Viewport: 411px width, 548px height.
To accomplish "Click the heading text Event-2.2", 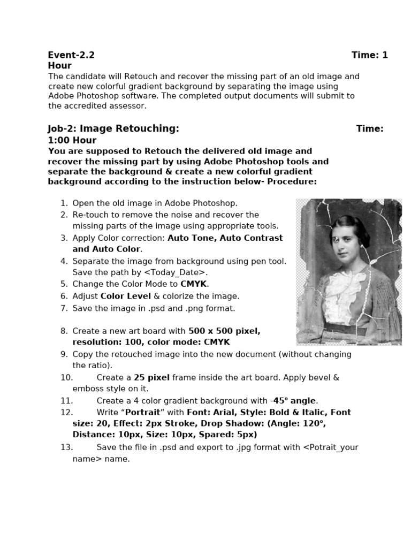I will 71,55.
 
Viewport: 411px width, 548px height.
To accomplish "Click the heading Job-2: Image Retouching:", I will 113,128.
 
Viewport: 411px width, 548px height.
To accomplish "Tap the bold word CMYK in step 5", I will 194,284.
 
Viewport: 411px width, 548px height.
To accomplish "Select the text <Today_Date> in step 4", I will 175,273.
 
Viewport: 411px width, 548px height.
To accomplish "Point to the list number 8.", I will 64,331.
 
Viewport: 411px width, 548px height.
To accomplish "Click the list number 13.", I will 66,447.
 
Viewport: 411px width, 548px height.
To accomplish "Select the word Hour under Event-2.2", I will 59,66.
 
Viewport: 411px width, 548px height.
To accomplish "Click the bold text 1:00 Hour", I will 72,140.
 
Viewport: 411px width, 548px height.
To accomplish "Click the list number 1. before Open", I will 64,203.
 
